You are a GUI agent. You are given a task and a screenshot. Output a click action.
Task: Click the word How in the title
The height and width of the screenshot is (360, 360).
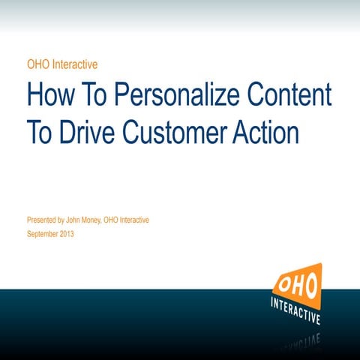tap(51, 97)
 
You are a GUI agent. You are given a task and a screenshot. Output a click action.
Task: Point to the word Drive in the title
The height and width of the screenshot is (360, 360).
tap(88, 133)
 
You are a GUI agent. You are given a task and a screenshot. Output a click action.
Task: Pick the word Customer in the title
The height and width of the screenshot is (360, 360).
tap(181, 133)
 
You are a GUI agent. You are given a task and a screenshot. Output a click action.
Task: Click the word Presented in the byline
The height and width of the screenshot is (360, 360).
tap(43, 220)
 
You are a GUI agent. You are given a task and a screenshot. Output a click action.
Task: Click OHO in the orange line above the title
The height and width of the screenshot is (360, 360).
tap(37, 64)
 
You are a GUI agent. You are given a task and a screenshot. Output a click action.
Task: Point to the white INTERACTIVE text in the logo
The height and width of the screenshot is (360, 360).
tap(295, 308)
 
